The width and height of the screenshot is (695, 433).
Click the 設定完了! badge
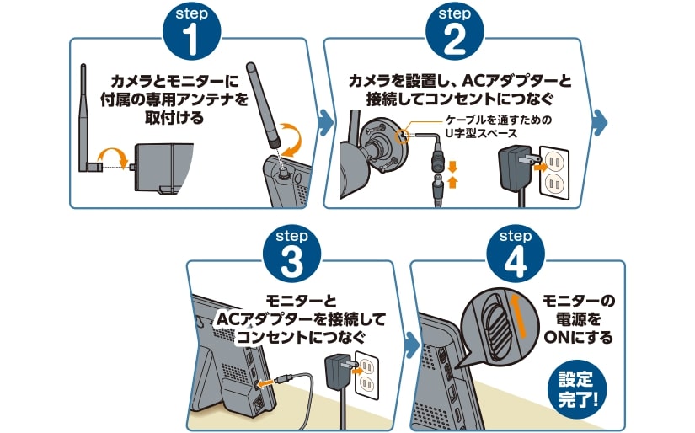(x=577, y=388)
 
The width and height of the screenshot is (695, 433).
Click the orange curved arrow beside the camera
(x=114, y=154)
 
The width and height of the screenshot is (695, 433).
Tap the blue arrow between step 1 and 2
(x=324, y=123)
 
